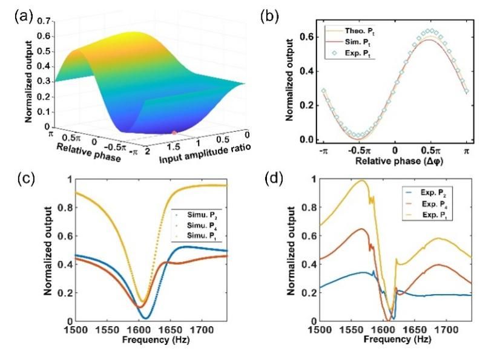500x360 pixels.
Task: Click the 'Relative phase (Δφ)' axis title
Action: click(394, 161)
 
